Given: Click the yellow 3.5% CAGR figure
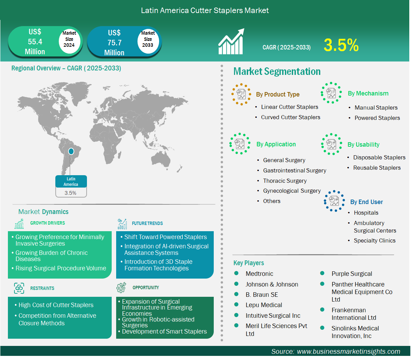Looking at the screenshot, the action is pos(341,45).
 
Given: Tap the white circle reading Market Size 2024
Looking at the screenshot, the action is pos(69,39).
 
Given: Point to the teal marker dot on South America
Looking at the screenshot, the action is pos(71,151).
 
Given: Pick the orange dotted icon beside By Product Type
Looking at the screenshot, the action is pos(241,94).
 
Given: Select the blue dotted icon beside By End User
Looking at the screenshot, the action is pos(334,201).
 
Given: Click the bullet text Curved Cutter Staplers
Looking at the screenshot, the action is pos(290,117).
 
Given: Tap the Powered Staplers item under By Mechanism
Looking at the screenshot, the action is pos(377,118).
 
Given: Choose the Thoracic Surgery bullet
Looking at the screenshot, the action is pos(285,181).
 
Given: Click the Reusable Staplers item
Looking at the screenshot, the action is pos(377,168).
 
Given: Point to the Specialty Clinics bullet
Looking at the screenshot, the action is pos(375,240).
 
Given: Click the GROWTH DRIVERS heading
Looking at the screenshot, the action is pos(47,223).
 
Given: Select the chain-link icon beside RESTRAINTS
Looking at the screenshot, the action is pos(19,288).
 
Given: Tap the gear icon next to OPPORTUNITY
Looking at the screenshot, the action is pos(121,288).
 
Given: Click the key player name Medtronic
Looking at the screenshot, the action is pos(259,274).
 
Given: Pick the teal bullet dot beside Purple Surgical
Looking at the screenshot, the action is pos(322,273).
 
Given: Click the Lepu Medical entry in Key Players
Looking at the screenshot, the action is pos(264,305).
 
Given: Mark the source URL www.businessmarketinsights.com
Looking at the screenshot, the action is pos(348,351).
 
